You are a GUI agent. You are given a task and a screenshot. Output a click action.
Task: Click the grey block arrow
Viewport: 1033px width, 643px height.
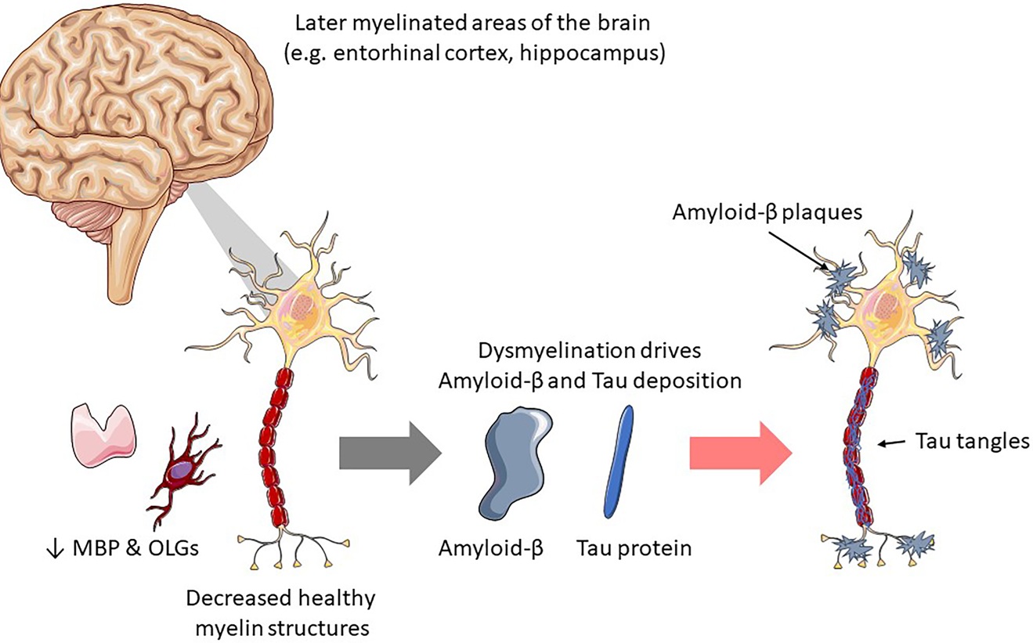coord(390,453)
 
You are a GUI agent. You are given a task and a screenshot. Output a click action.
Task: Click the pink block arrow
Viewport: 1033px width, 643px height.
coord(741,453)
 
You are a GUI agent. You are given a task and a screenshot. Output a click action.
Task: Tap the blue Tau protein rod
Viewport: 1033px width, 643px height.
coord(618,461)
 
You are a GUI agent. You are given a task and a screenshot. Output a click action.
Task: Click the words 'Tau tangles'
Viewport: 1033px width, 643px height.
coord(972,442)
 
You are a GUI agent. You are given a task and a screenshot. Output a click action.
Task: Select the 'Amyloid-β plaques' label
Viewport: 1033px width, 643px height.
coord(768,212)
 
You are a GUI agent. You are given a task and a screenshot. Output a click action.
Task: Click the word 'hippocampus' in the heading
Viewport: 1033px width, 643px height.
coord(593,54)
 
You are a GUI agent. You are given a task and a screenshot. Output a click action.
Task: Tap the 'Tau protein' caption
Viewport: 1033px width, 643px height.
coord(634,548)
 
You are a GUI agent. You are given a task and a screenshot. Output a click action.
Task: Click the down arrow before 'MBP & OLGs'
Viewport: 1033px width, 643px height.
coord(56,549)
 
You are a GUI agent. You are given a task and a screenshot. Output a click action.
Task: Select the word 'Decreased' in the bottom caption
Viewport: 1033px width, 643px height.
coord(237,598)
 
